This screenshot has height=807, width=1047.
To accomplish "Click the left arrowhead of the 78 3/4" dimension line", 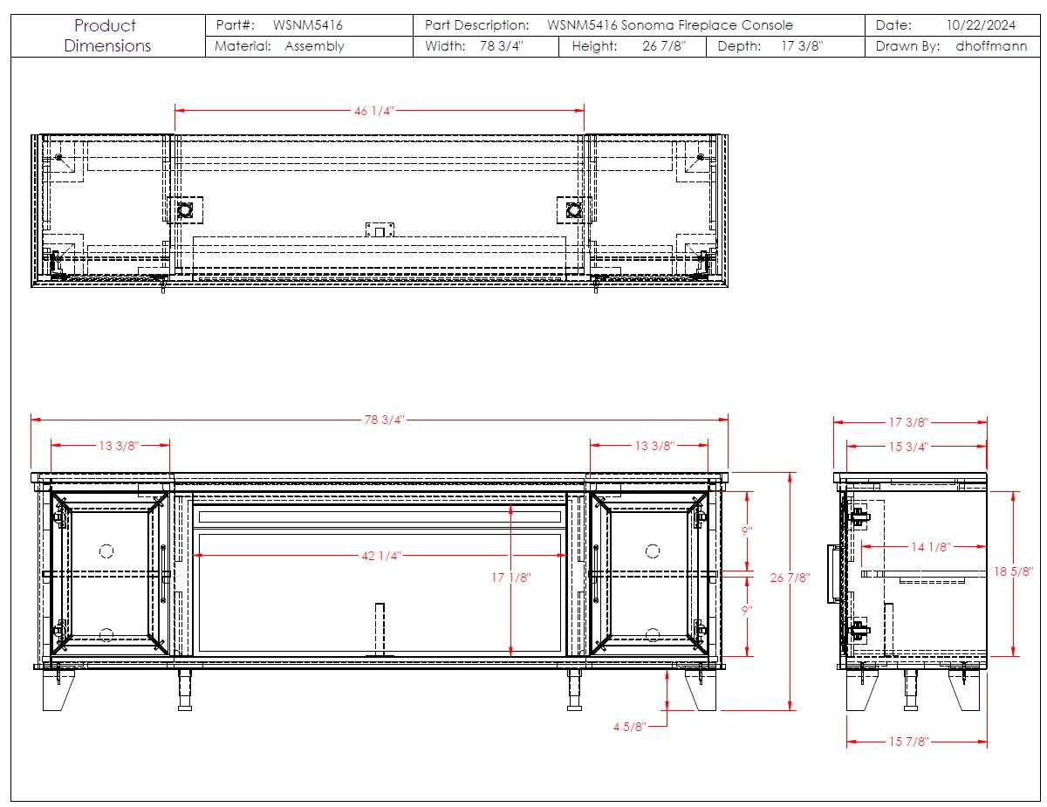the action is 35,420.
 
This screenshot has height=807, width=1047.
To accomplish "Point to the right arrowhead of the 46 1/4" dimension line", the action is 579,110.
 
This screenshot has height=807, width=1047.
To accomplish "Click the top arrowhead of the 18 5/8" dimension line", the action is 1013,496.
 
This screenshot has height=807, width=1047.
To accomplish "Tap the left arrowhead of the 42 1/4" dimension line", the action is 197,556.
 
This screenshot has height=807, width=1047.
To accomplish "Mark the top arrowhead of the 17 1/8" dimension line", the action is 510,510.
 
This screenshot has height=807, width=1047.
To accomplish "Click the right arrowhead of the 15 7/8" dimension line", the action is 982,742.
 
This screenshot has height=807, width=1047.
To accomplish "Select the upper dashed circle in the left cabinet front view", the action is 106,551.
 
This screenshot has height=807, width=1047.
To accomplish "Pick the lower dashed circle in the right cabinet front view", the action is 653,634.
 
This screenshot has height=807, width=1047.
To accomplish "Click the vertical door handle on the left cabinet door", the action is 163,574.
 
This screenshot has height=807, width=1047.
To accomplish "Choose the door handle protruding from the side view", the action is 833,574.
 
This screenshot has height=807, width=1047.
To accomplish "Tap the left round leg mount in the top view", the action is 185,210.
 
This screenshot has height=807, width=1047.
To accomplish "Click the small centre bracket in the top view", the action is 380,229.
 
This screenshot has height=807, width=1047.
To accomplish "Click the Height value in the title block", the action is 663,46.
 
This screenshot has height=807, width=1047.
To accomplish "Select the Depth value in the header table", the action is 802,46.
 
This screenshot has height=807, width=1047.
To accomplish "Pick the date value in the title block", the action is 981,25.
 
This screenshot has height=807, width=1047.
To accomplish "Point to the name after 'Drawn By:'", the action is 991,46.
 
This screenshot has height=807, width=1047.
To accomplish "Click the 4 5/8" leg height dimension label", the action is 629,727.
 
